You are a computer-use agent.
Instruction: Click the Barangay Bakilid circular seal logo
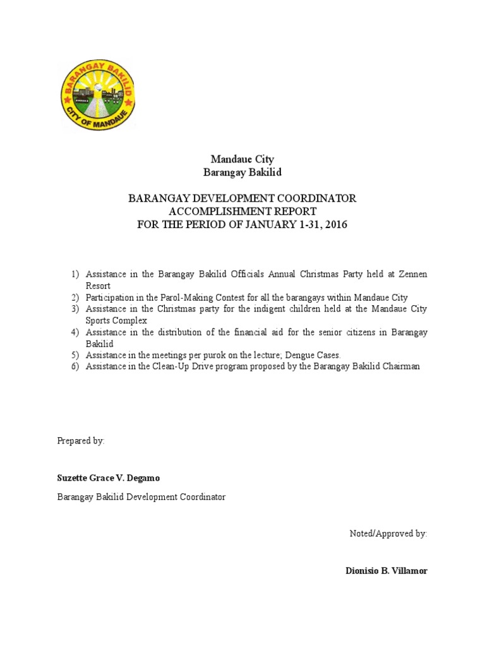(97, 97)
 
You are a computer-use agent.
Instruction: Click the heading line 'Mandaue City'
(242, 159)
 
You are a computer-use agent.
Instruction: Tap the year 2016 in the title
(335, 225)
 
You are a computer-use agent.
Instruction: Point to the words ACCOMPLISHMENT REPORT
(242, 212)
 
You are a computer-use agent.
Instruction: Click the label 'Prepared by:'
(81, 441)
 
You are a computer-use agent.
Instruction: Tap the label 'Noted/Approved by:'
(388, 534)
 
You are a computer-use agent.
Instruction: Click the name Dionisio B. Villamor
(386, 571)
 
